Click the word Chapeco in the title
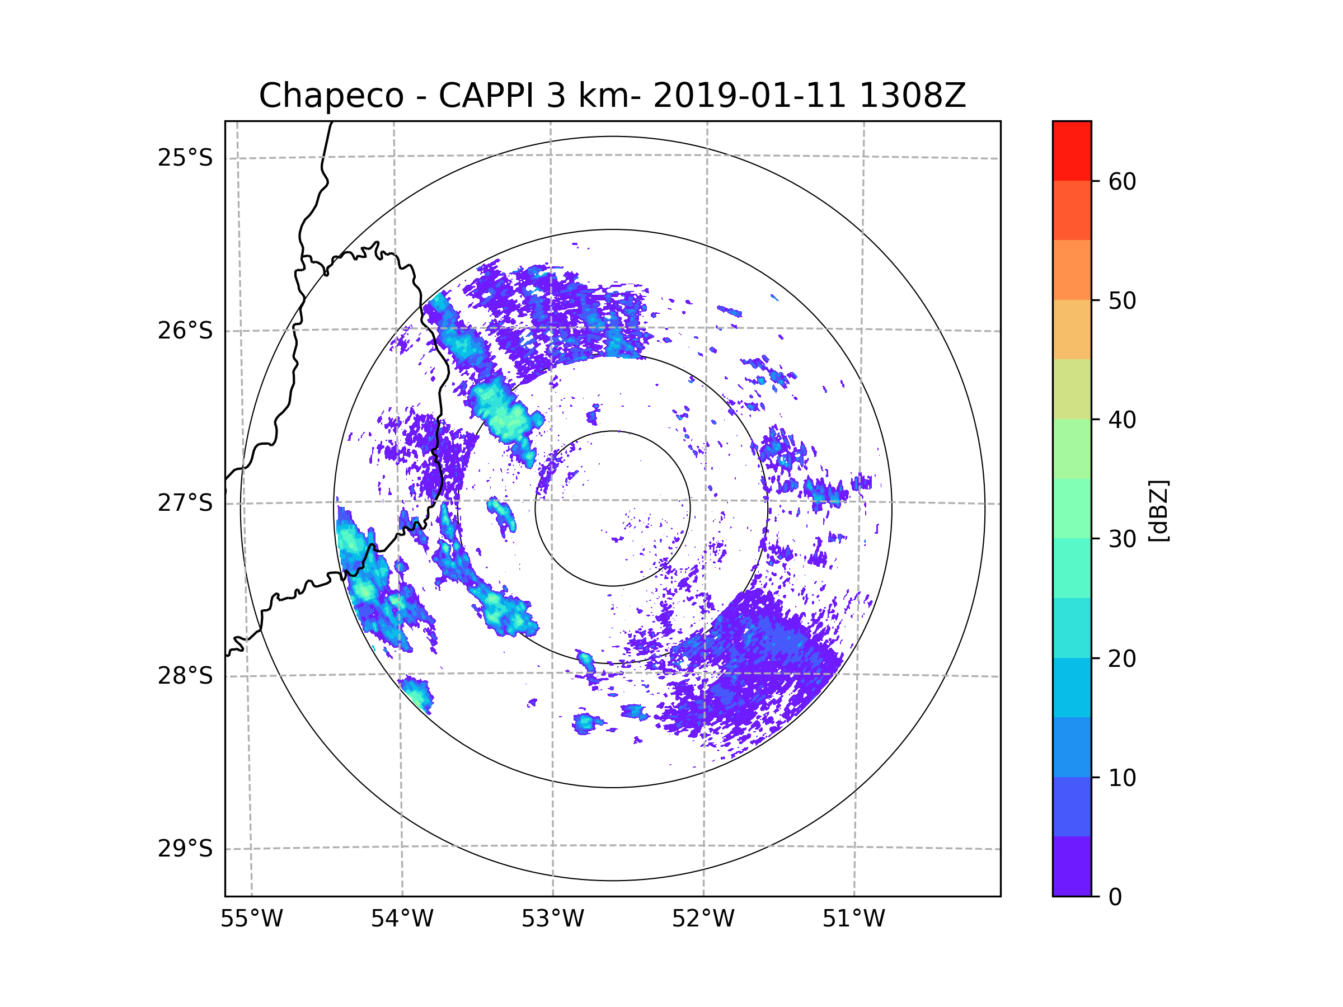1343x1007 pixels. pos(331,96)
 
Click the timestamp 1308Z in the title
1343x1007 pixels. pos(912,96)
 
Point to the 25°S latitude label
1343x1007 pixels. pos(185,158)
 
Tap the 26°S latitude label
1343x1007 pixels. pos(185,331)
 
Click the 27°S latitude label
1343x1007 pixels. pos(185,503)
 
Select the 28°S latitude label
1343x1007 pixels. pos(185,676)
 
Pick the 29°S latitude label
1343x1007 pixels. pos(185,849)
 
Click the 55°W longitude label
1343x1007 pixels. pos(251,919)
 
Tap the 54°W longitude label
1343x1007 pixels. pos(402,919)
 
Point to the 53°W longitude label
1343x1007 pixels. pos(552,919)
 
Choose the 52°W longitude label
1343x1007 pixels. pos(703,919)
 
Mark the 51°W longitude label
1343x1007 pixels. pos(853,919)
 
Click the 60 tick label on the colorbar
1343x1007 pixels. pos(1122,181)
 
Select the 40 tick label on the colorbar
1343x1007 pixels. pos(1122,420)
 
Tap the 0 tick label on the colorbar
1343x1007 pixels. pos(1115,897)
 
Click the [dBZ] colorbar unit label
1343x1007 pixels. pos(1158,511)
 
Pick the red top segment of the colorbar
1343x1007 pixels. pos(1072,150)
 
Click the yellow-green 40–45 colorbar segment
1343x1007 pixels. pos(1072,389)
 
